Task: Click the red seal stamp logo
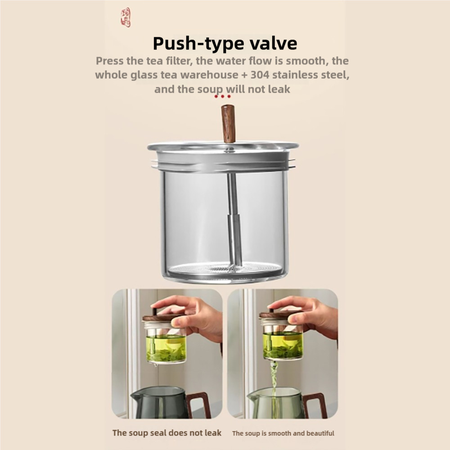click(x=126, y=18)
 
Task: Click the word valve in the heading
click(x=273, y=43)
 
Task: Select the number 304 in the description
click(x=260, y=75)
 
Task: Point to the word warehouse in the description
click(x=210, y=75)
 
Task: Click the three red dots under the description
click(x=222, y=96)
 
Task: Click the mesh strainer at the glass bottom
click(x=224, y=269)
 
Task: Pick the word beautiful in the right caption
click(x=320, y=433)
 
